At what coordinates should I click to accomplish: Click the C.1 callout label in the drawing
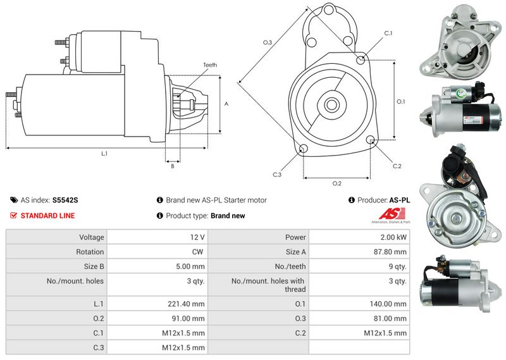pos(388,34)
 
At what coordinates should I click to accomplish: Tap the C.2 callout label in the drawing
pos(397,166)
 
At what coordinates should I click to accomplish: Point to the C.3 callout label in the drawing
pos(277,175)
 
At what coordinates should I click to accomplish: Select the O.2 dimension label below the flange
pos(337,183)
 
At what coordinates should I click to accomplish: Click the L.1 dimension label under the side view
pos(104,154)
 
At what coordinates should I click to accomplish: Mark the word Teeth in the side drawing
pos(210,65)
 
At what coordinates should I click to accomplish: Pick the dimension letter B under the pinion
pos(173,166)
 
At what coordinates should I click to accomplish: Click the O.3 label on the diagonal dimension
pos(268,42)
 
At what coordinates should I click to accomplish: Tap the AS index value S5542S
pos(65,200)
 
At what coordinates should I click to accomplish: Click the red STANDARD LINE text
pos(48,216)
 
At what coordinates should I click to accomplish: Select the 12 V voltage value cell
pos(197,237)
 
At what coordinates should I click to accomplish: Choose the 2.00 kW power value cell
pos(393,237)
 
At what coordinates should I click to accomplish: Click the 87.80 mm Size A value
pos(390,252)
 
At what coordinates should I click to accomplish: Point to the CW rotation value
pos(197,252)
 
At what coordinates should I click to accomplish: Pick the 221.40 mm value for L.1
pos(186,304)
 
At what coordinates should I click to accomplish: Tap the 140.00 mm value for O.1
pos(388,304)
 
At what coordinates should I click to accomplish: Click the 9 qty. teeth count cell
pos(398,267)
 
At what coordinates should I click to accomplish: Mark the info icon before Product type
pos(160,215)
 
